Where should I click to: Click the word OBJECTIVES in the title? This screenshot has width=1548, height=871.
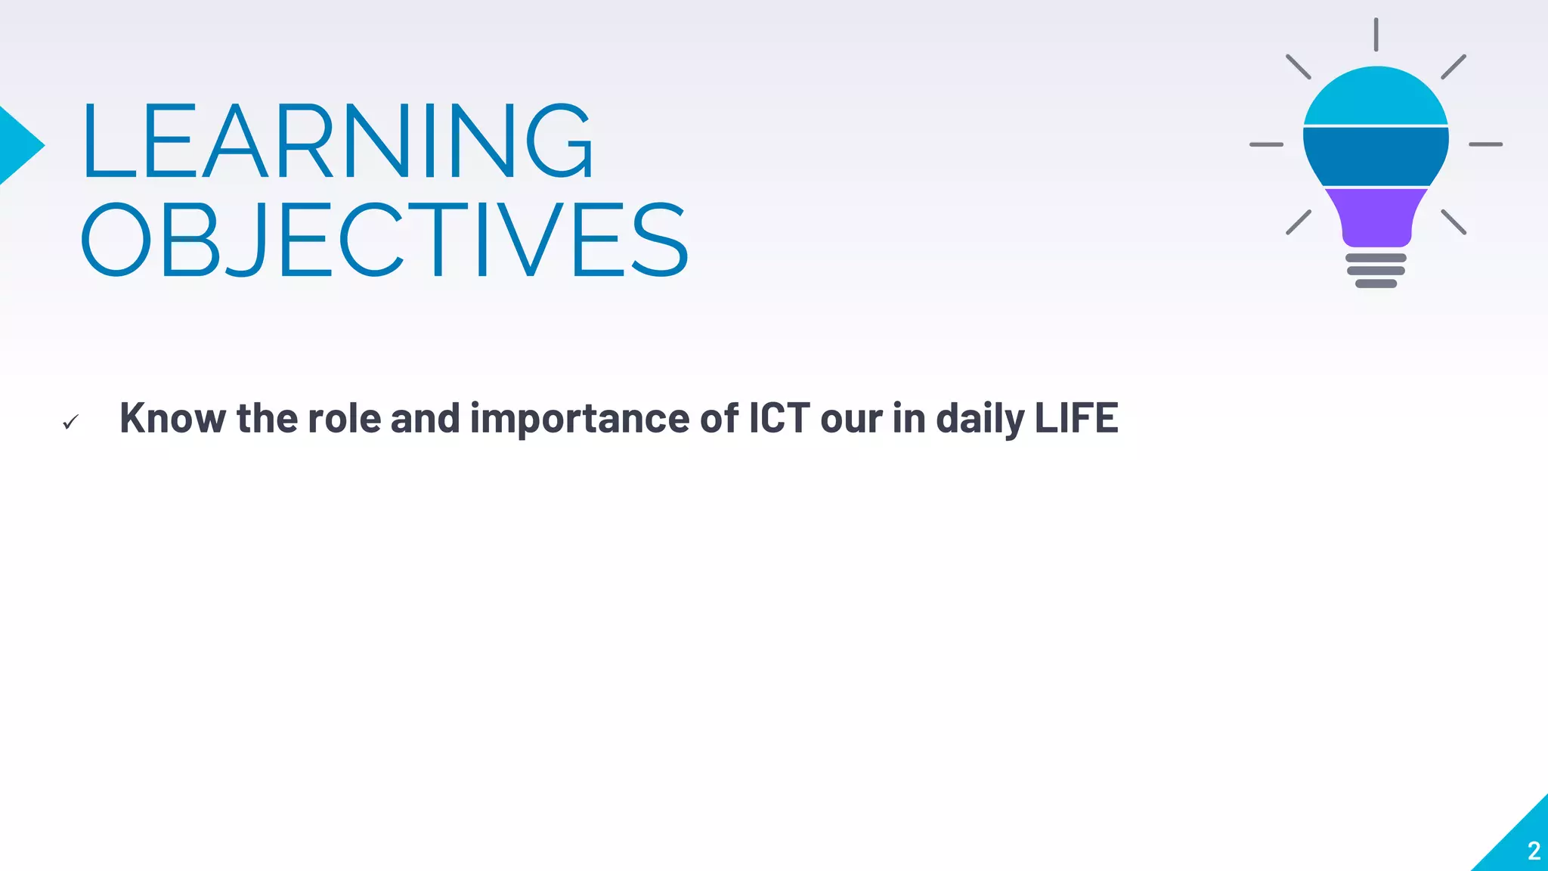[384, 240]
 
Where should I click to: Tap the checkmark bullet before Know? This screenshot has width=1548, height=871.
[70, 422]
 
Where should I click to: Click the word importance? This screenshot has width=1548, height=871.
[579, 418]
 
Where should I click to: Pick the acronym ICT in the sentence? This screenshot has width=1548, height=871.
[779, 418]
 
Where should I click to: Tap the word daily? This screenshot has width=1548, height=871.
[980, 418]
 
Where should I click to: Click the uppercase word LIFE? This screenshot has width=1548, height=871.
[1076, 418]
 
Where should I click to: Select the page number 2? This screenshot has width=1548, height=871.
[1534, 851]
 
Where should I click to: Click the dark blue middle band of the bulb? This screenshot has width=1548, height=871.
[1376, 156]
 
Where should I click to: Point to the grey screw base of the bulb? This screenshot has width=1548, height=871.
[1376, 271]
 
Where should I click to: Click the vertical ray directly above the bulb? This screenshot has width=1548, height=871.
[1376, 35]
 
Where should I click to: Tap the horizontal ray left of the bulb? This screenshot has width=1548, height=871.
[1266, 144]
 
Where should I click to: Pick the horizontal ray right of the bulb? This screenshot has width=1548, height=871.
[1485, 144]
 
